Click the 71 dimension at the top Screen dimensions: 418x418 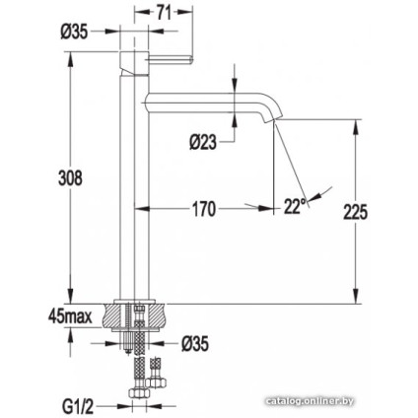tap(166, 11)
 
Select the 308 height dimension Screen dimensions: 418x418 tap(69, 178)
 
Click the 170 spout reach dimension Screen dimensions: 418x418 tap(203, 209)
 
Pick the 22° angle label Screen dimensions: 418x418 tap(295, 206)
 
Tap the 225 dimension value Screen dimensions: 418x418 tap(355, 212)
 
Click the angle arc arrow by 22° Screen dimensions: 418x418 tap(318, 197)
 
